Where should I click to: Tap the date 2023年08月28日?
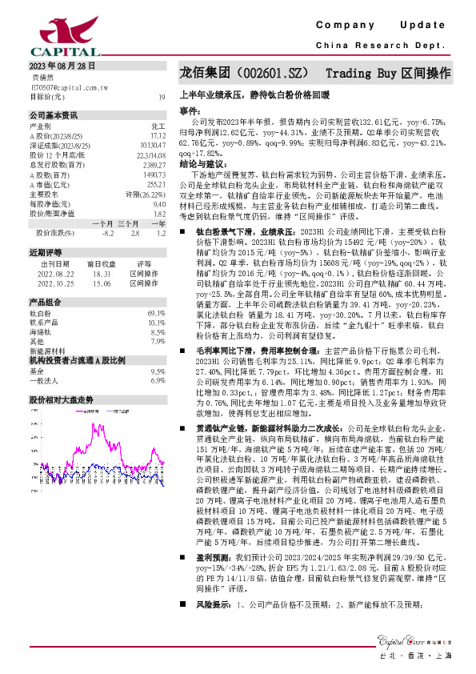(62, 66)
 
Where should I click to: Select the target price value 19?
(162, 97)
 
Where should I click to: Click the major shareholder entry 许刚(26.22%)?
(145, 193)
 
